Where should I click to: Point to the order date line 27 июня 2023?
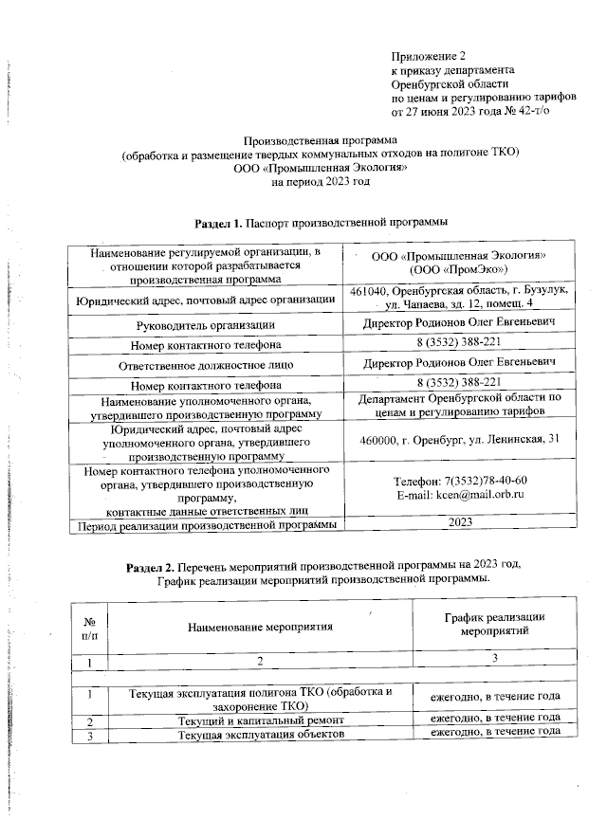469,110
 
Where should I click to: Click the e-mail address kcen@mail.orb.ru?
462,495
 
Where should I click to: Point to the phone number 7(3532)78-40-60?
462,480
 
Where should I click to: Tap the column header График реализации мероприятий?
494,623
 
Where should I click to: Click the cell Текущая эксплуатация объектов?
260,736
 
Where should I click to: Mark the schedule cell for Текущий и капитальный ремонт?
494,720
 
